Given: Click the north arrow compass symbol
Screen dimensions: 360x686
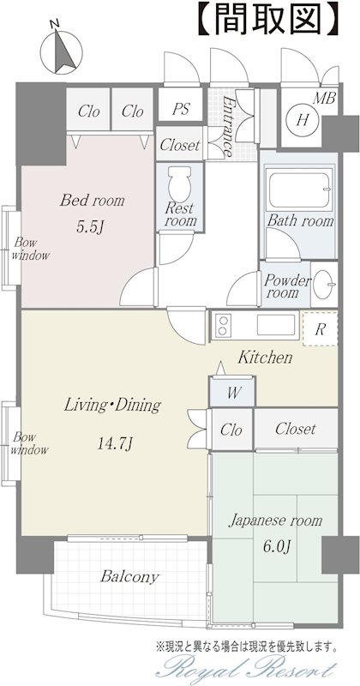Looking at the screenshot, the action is [61, 51].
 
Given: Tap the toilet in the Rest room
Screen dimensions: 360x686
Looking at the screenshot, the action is [179, 183].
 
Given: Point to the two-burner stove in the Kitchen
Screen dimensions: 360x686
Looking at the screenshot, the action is [223, 326].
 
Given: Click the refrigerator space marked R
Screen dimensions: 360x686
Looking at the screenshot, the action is [320, 329].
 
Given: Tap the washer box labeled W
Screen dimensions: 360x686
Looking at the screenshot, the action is [231, 392].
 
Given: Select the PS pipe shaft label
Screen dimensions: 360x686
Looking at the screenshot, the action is [180, 109].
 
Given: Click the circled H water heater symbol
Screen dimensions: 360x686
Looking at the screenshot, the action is [302, 119].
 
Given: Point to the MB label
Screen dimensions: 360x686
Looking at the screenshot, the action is [324, 98].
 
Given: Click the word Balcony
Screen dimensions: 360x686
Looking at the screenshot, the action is [129, 577].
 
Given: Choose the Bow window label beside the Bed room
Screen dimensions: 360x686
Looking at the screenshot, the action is [31, 249].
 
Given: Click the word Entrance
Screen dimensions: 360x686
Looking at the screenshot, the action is [228, 125].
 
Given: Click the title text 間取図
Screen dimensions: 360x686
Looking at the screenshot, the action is [268, 19].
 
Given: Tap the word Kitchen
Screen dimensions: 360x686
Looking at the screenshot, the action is [265, 358].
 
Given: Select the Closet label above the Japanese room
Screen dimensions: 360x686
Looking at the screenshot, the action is [295, 429].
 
